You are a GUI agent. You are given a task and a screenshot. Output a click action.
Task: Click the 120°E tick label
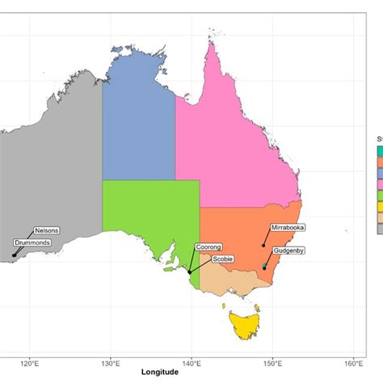(30, 361)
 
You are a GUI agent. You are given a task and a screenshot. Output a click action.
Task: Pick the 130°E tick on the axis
(111, 361)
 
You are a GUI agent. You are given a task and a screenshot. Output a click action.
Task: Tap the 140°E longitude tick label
(191, 361)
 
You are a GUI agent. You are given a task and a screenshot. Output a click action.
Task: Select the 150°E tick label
(272, 361)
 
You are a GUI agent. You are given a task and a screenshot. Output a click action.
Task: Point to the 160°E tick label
(353, 361)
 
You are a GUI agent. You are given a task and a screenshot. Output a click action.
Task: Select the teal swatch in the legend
(380, 150)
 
